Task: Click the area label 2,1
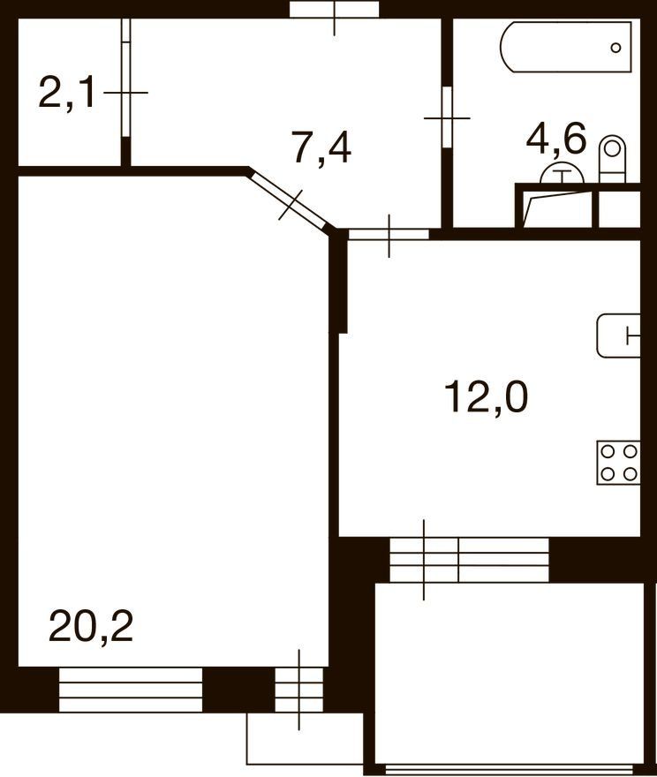coord(67,93)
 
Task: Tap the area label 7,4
coord(322,147)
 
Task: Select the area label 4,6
coord(556,138)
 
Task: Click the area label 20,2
coord(91,626)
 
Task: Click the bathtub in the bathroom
coord(566,47)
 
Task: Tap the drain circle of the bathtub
coord(615,48)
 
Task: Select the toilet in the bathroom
coord(613,159)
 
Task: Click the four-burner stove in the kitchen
coord(618,463)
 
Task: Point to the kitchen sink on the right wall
coord(618,336)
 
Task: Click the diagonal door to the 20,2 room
coord(290,200)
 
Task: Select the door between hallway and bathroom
coord(447,117)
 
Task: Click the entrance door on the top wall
coord(335,10)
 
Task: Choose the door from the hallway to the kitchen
coord(389,234)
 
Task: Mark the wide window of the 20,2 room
coord(131,690)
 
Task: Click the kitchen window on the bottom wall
coord(469,560)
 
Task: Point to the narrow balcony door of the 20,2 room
coord(298,690)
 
